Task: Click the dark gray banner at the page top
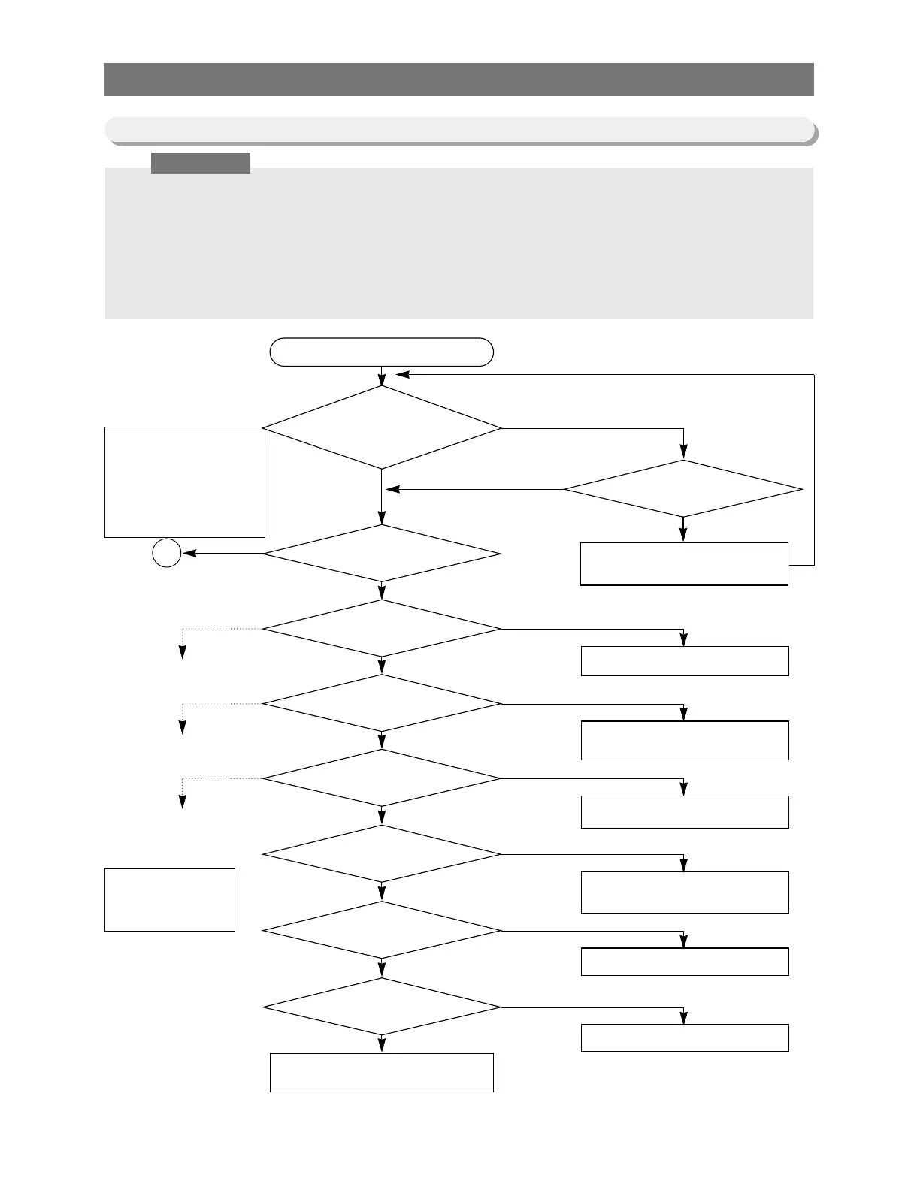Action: [x=458, y=80]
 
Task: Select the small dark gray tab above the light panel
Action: [x=200, y=163]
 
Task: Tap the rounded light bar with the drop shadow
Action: [x=458, y=129]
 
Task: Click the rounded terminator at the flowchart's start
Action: [x=381, y=352]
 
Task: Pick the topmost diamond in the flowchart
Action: [x=381, y=427]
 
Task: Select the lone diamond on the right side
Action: [x=683, y=489]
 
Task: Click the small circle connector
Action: [x=167, y=554]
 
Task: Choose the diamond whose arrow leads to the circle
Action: [x=381, y=554]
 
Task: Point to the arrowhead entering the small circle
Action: [x=188, y=554]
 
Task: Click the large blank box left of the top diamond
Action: [x=184, y=482]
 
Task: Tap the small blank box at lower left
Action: [x=169, y=899]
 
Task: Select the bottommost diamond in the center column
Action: [x=381, y=1007]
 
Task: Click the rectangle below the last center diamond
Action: [x=381, y=1072]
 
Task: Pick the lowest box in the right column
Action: [x=684, y=1037]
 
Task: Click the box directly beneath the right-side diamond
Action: [x=683, y=563]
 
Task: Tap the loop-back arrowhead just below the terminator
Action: [x=402, y=374]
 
